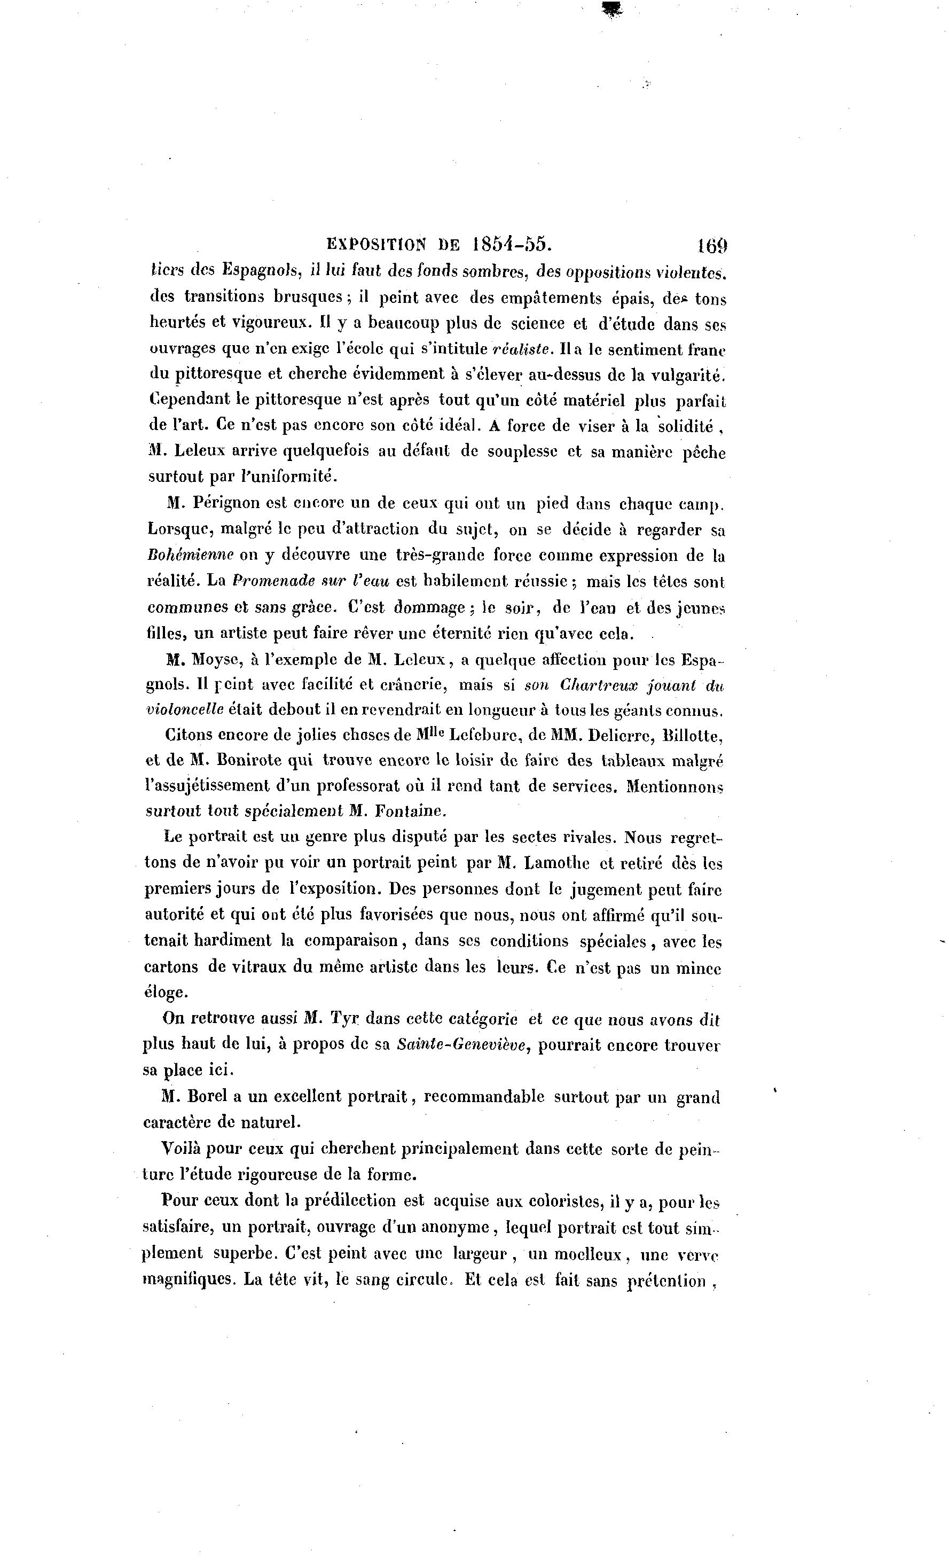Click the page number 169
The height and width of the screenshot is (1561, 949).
pyautogui.click(x=712, y=245)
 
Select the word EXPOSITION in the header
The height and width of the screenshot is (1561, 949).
pyautogui.click(x=377, y=245)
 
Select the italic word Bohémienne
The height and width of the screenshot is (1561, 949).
pyautogui.click(x=191, y=555)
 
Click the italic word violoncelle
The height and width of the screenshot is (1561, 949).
pyautogui.click(x=185, y=710)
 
